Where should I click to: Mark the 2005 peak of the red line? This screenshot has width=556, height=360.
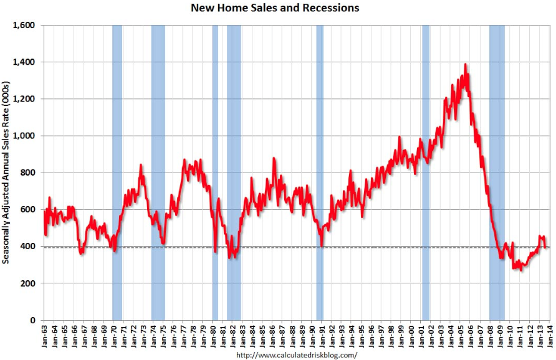(x=465, y=64)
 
